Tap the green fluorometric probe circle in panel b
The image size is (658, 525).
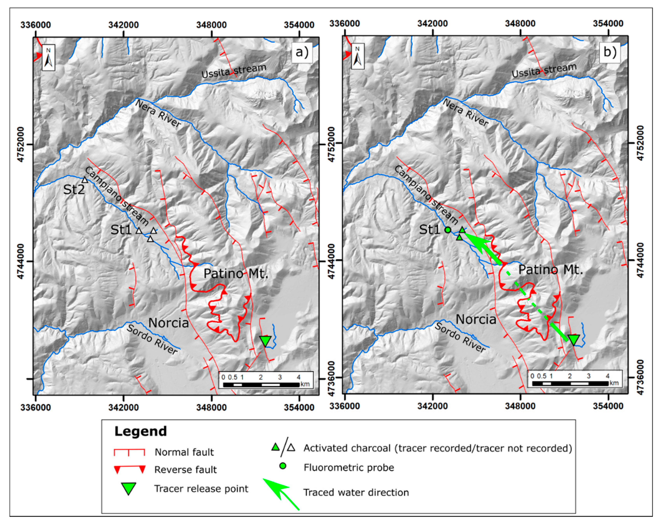(448, 230)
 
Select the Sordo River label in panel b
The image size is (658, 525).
(460, 337)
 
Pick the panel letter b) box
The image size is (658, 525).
(610, 52)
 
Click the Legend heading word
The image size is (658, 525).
(141, 431)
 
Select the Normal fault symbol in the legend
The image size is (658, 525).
(129, 452)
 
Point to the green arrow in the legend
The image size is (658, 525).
(281, 493)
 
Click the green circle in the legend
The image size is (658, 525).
(283, 466)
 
